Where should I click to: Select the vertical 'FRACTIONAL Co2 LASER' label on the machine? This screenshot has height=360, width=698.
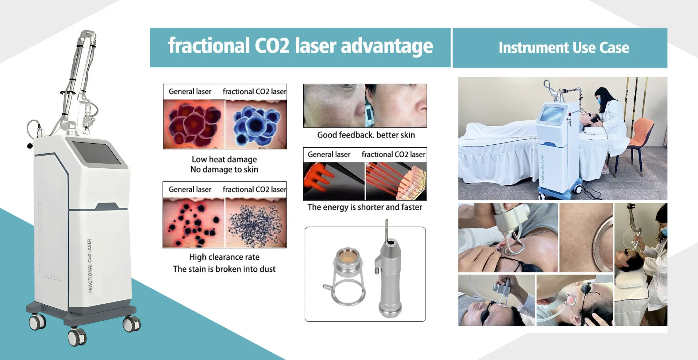(90, 265)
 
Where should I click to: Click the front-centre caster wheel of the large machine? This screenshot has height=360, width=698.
(77, 337)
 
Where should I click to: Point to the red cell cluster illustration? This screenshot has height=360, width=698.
(194, 124)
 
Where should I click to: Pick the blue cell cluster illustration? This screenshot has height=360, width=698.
(256, 124)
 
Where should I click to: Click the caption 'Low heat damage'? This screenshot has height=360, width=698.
(224, 159)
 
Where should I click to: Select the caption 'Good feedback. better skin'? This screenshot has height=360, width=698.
(366, 135)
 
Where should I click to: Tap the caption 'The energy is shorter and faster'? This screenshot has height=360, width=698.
(365, 207)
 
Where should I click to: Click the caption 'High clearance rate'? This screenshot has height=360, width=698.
(224, 257)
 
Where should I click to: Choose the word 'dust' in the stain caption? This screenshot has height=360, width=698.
(266, 269)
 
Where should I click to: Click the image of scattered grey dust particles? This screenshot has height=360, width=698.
(256, 223)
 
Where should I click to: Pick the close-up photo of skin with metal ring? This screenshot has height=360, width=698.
(586, 237)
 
